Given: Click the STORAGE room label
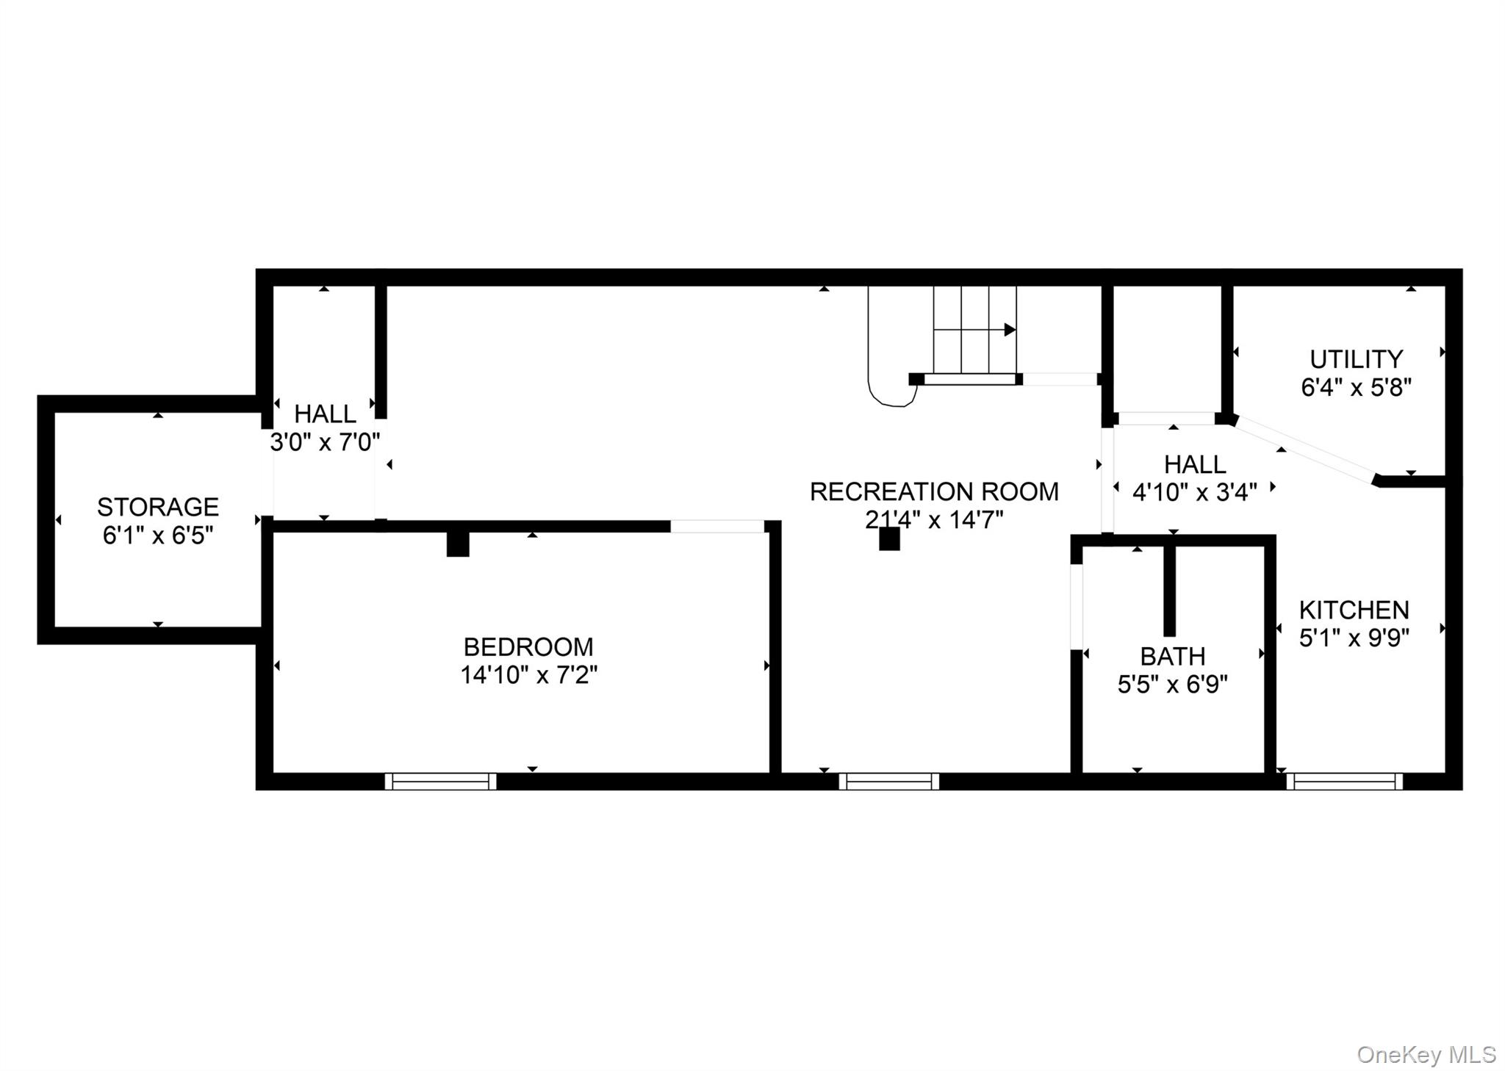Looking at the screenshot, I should click(x=157, y=507).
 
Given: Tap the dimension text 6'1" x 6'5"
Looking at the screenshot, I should click(x=157, y=535).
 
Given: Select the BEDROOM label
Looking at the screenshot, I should click(x=528, y=646).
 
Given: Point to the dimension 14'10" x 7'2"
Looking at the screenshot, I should click(x=528, y=674).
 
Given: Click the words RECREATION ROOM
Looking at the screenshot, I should click(x=933, y=491).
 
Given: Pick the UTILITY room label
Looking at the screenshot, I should click(x=1356, y=359).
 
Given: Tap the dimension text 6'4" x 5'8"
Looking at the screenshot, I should click(x=1356, y=387).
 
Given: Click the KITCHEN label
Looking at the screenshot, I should click(x=1354, y=610).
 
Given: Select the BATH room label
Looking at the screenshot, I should click(x=1172, y=656).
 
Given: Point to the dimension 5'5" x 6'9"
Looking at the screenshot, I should click(x=1172, y=685).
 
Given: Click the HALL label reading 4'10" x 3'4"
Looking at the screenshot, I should click(x=1194, y=464).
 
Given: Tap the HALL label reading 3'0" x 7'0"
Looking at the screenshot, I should click(x=325, y=414).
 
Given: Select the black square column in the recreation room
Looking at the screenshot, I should click(x=889, y=539).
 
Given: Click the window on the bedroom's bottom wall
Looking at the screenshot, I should click(x=440, y=781).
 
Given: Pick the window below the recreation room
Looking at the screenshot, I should click(x=888, y=781).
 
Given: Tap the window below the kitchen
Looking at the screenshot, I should click(x=1344, y=781).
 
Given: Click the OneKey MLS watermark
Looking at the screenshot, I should click(x=1426, y=1055).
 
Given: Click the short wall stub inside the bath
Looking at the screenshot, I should click(x=1169, y=591).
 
